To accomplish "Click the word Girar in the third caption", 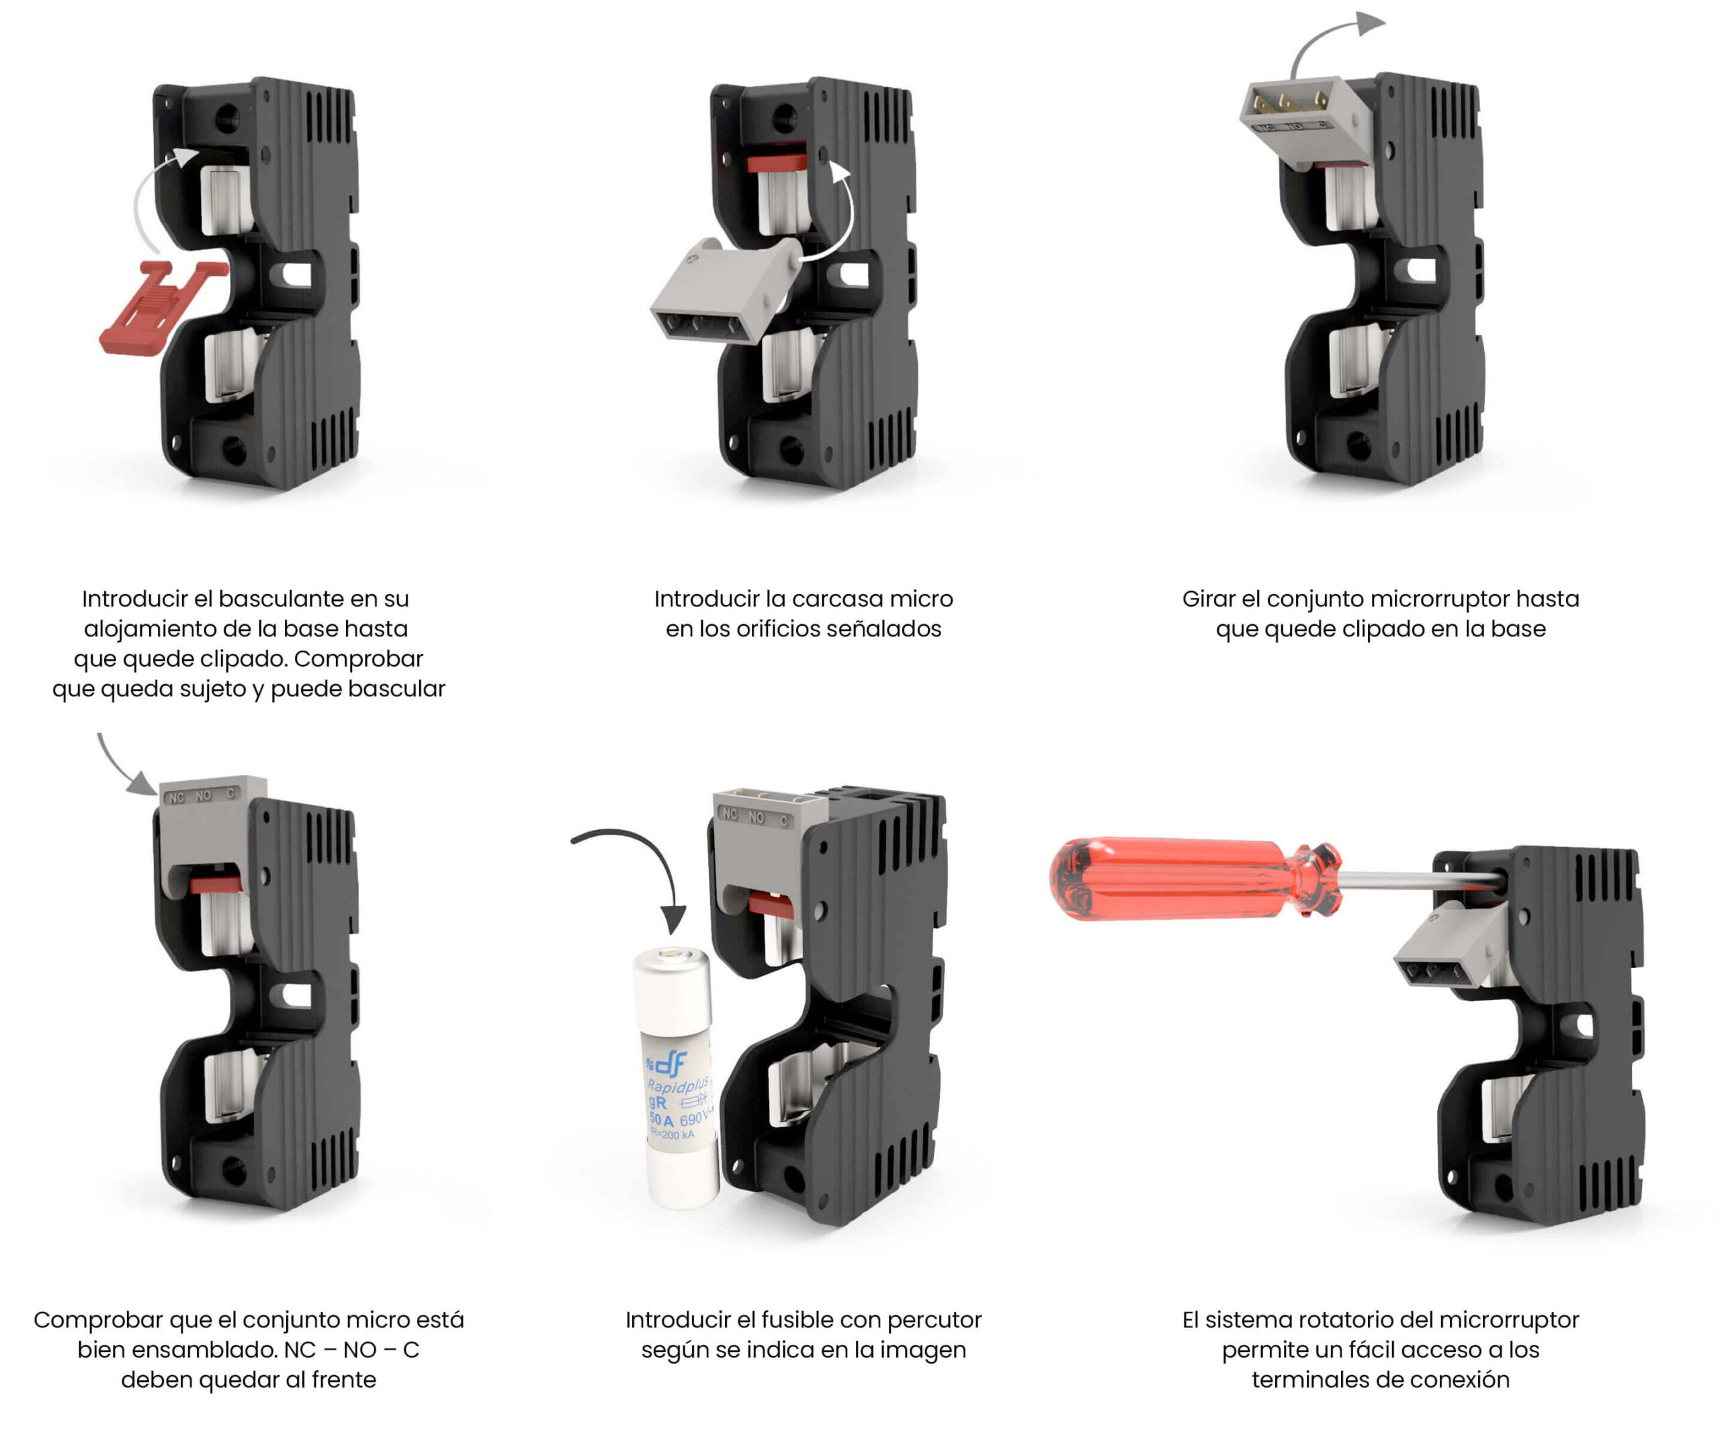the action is (x=1208, y=599).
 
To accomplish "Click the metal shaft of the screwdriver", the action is (x=1421, y=880).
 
